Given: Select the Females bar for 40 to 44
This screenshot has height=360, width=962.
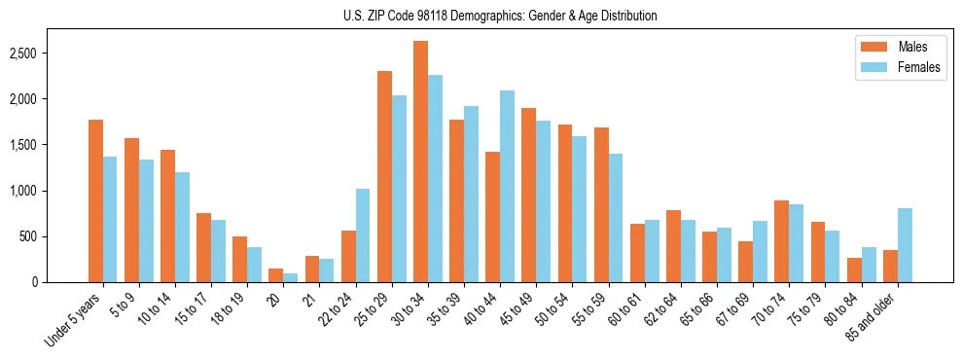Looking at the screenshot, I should pyautogui.click(x=507, y=186).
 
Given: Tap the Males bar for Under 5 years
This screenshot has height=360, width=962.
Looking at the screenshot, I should pyautogui.click(x=95, y=200).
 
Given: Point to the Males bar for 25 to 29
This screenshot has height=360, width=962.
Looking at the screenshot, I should pyautogui.click(x=384, y=176).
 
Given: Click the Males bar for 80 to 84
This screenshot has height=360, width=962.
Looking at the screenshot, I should pyautogui.click(x=854, y=270).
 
